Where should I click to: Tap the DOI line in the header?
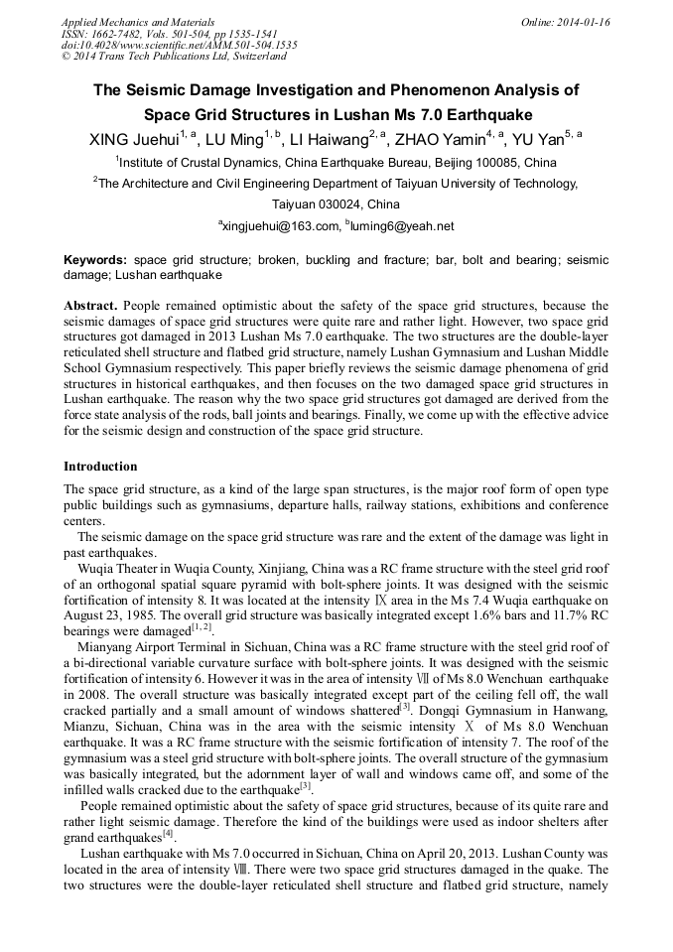pos(180,46)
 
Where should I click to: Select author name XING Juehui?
pos(133,140)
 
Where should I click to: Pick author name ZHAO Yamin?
pos(437,140)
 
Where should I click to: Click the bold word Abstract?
pos(92,306)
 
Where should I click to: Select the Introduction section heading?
pos(100,467)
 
